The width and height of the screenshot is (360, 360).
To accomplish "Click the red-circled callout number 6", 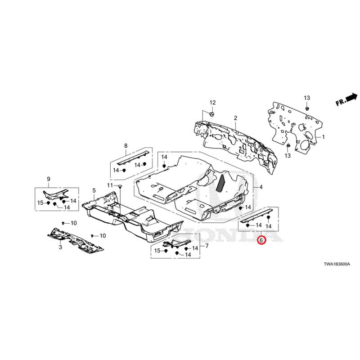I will tap(261, 240).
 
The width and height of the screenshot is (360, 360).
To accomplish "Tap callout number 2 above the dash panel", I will tap(235, 118).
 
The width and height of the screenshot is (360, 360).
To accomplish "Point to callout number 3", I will tap(60, 247).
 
